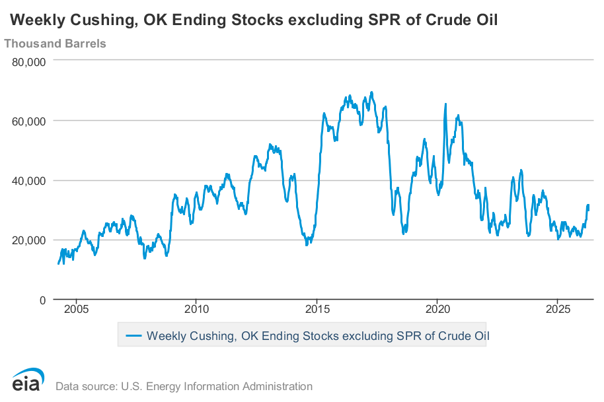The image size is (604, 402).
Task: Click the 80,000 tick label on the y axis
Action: click(28, 61)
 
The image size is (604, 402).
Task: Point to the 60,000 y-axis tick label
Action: click(28, 121)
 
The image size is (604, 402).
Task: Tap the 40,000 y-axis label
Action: click(28, 180)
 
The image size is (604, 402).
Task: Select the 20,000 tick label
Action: click(28, 240)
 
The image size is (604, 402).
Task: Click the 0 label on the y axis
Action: click(41, 299)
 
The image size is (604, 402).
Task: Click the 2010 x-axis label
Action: click(196, 309)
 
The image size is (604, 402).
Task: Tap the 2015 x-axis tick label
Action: click(317, 309)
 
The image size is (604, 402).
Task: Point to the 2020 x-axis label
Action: click(437, 309)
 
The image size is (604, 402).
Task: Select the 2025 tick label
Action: click(558, 309)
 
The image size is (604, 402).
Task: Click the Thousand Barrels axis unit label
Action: click(55, 44)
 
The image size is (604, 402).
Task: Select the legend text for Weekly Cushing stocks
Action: click(318, 335)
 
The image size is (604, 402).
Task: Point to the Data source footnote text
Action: click(184, 386)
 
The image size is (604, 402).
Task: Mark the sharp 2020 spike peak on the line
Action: click(445, 104)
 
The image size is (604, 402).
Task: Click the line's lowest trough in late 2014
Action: click(307, 245)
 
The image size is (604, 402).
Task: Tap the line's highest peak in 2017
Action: click(371, 92)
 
